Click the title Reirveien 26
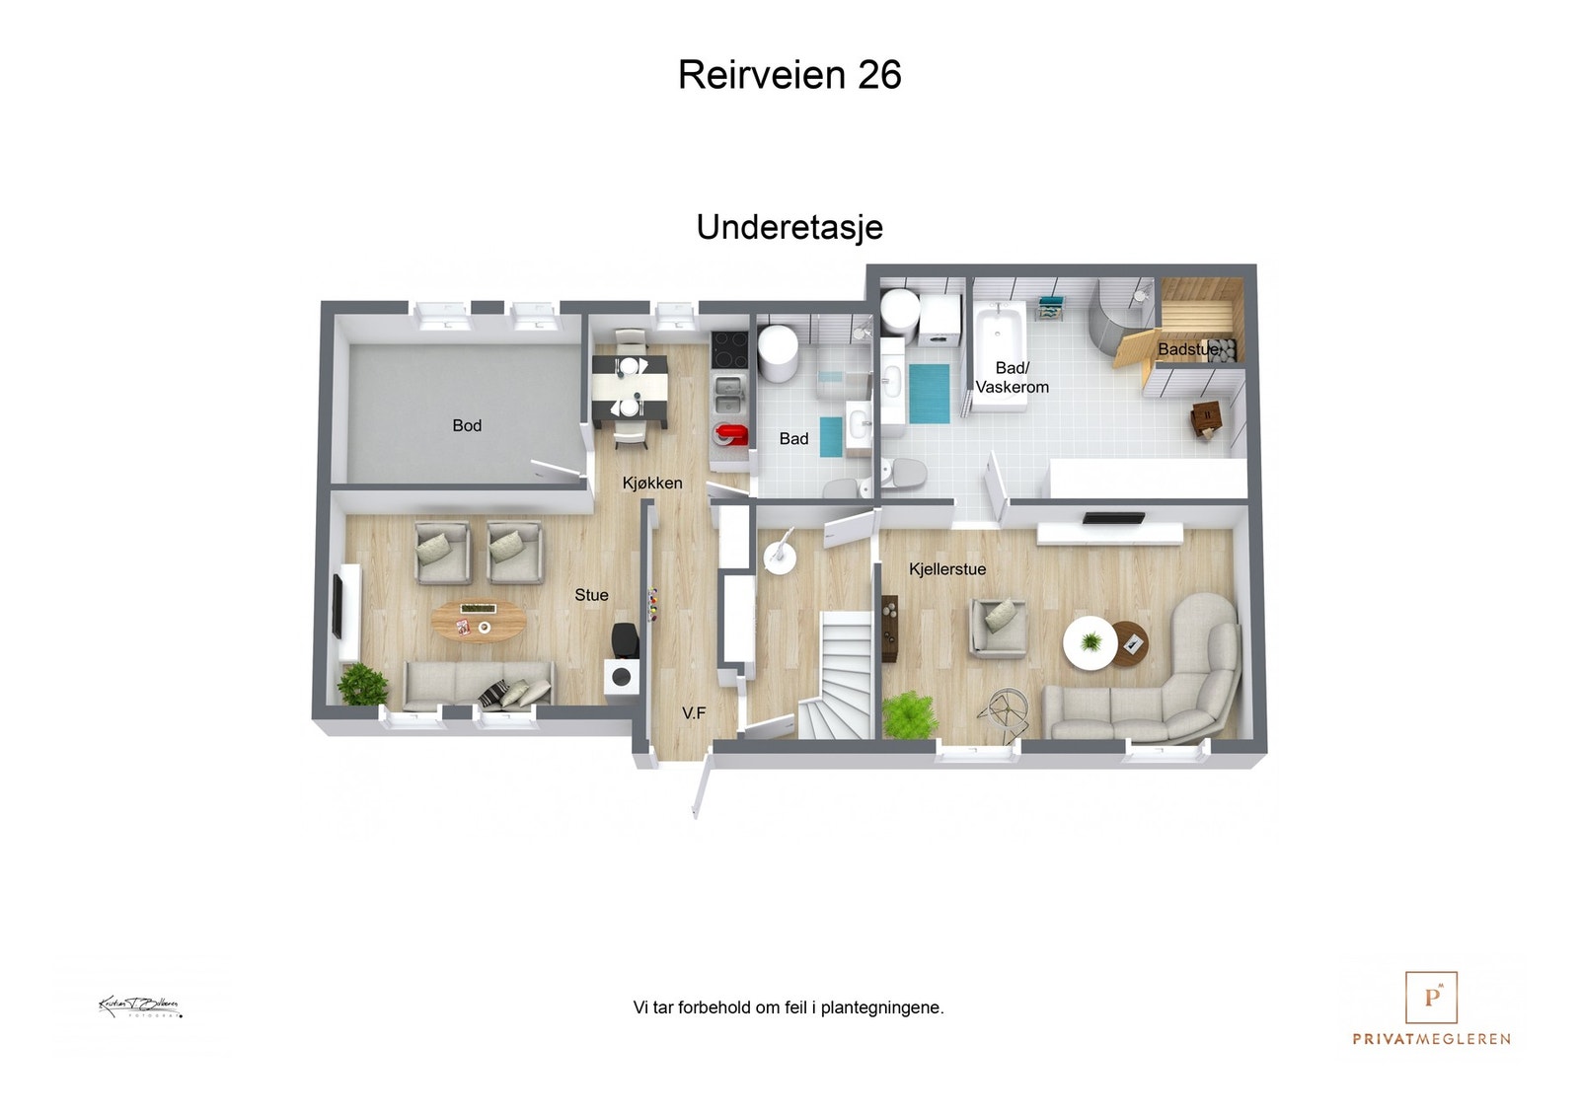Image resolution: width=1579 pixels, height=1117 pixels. point(789,75)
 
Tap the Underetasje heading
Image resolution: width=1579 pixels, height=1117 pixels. point(789,227)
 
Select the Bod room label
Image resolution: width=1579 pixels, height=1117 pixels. point(467,425)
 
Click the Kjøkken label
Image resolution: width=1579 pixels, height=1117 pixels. point(651,483)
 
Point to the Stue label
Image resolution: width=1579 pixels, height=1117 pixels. point(591,595)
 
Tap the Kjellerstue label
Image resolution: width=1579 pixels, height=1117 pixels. point(946,569)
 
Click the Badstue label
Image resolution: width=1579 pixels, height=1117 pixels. point(1188,349)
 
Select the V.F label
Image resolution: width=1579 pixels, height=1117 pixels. point(694,712)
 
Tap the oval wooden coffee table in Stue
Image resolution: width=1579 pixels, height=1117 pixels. point(479,621)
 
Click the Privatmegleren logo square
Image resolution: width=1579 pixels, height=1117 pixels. point(1431,997)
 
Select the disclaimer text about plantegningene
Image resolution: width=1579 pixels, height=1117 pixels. point(788,1007)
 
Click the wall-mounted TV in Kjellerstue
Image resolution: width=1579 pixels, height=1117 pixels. point(1113,518)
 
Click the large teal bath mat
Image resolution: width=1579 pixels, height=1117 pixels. point(929,393)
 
